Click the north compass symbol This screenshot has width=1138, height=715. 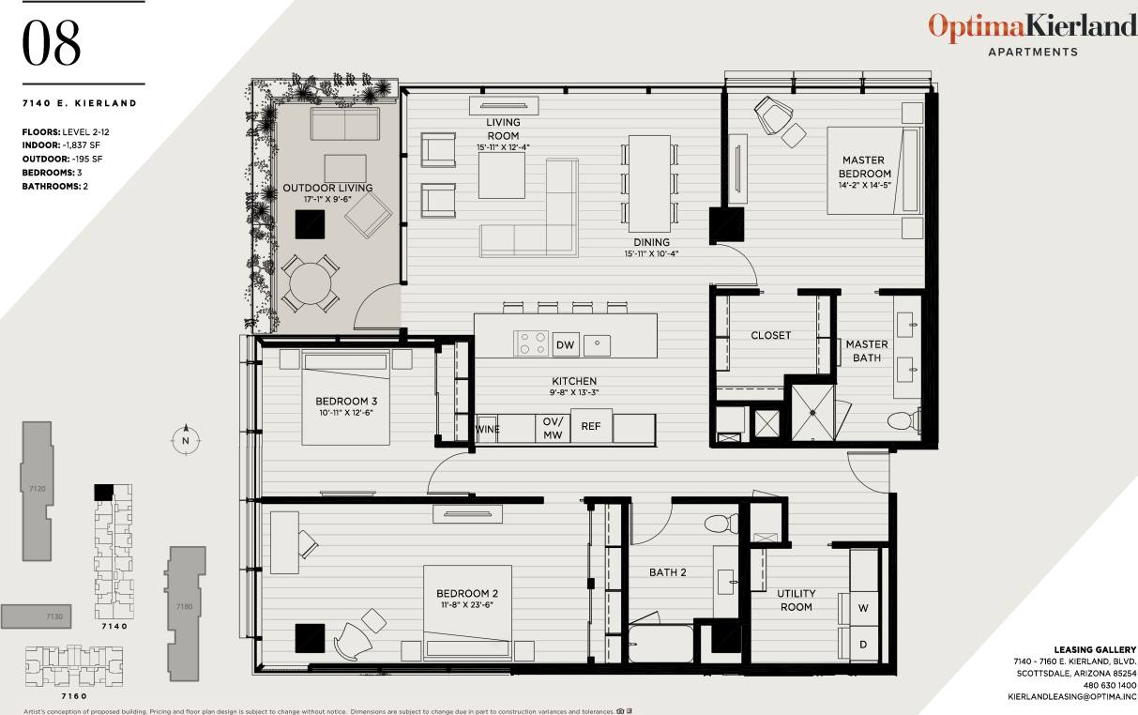186,439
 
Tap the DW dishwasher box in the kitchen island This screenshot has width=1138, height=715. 565,345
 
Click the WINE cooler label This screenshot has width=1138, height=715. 488,429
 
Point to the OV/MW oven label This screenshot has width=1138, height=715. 553,429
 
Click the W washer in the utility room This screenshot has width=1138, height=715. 863,607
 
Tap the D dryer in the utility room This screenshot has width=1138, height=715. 863,645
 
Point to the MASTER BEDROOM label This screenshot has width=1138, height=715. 864,167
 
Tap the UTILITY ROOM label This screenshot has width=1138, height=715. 796,600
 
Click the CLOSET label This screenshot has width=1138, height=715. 770,335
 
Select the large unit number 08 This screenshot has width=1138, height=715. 52,44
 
